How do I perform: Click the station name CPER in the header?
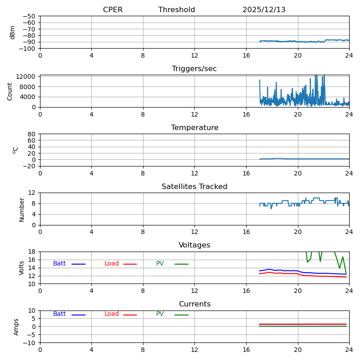(x=112, y=10)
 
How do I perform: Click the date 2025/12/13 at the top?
(x=264, y=10)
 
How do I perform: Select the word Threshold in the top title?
(x=176, y=10)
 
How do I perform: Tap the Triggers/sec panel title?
(x=194, y=69)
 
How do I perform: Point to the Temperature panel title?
(x=194, y=128)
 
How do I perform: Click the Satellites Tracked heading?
(x=194, y=187)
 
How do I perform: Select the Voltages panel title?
(x=194, y=245)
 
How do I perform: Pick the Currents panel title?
(x=194, y=304)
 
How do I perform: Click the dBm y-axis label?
(x=13, y=32)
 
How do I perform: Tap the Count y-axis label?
(x=10, y=91)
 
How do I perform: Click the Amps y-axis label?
(x=17, y=327)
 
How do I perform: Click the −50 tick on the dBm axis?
(x=28, y=16)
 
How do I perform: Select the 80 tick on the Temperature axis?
(x=32, y=134)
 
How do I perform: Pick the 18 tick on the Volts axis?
(x=32, y=252)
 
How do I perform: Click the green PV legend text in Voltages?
(x=160, y=264)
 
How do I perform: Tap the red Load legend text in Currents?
(x=112, y=314)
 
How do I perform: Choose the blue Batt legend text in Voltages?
(x=59, y=264)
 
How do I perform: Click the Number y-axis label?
(x=22, y=209)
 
